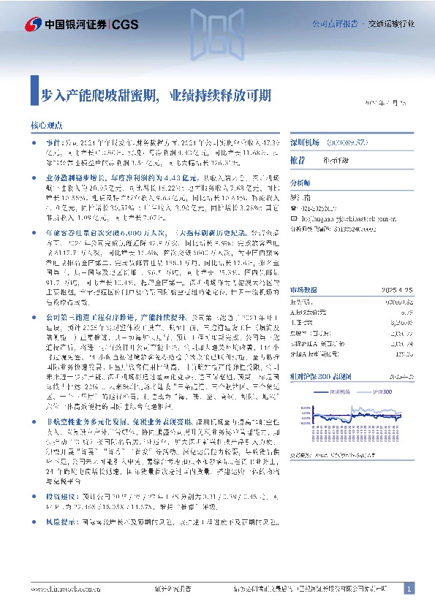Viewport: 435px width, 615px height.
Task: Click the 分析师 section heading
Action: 300,183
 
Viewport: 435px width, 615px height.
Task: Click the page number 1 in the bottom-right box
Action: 409,589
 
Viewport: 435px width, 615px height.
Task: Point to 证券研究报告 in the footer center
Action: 173,589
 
